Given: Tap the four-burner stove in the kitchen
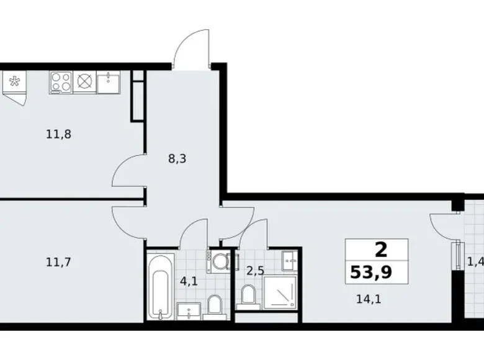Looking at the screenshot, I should pyautogui.click(x=61, y=82).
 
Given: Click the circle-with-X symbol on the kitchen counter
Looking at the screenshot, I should pyautogui.click(x=84, y=82).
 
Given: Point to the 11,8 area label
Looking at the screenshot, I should pyautogui.click(x=58, y=133).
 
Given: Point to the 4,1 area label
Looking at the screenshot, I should pyautogui.click(x=188, y=280).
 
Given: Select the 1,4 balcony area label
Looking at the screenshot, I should pyautogui.click(x=475, y=262).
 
